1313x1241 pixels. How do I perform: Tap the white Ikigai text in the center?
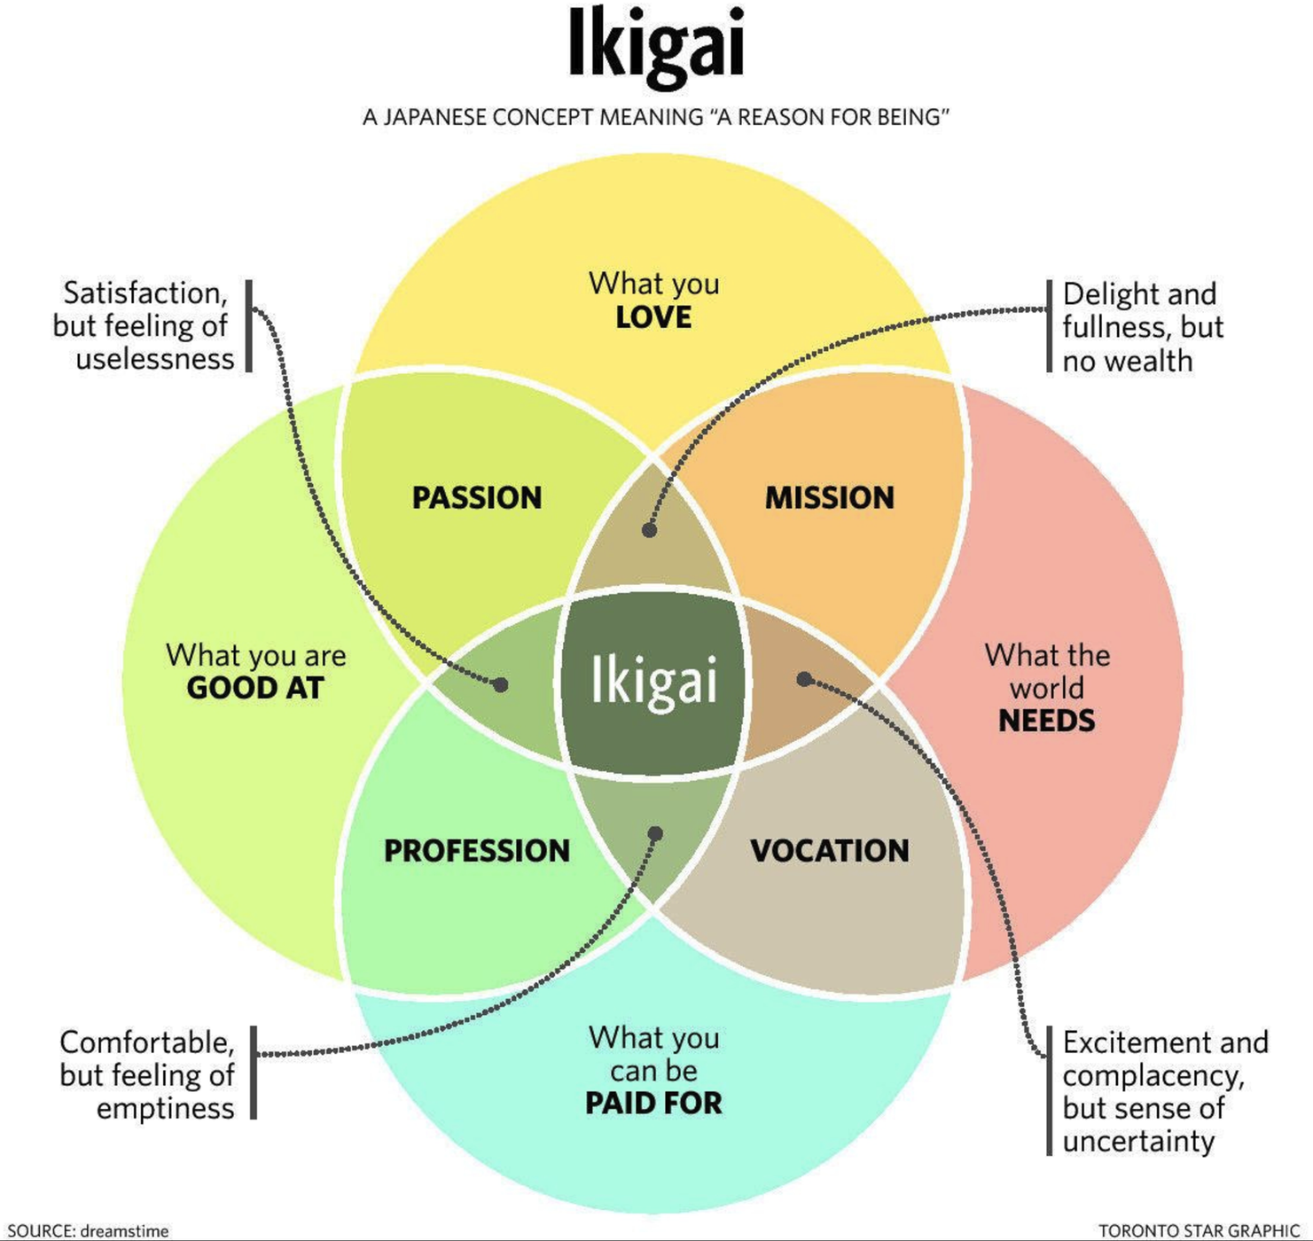pos(654,682)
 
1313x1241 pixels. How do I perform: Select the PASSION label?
pos(477,498)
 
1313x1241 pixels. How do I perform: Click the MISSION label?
pos(830,498)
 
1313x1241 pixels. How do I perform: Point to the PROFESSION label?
pos(477,851)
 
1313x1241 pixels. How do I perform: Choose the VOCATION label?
pos(830,851)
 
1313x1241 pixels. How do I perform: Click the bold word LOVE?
pos(654,317)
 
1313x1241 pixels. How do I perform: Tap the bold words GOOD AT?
pos(255,688)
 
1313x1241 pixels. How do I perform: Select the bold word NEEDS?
pos(1047,721)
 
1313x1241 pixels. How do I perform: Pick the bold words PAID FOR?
pos(654,1104)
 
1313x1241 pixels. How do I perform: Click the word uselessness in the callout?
pos(155,359)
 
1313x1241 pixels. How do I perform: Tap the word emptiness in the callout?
pos(166,1109)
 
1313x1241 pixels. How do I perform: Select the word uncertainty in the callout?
pos(1138,1141)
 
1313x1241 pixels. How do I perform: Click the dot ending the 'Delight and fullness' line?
pos(650,530)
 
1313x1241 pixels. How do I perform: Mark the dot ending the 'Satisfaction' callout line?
pos(501,684)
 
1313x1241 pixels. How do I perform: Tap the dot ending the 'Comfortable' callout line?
pos(655,834)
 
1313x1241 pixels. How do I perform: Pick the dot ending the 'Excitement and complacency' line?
pos(803,679)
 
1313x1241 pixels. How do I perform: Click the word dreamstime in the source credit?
pos(124,1231)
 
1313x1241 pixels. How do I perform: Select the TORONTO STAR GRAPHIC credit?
pos(1199,1231)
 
